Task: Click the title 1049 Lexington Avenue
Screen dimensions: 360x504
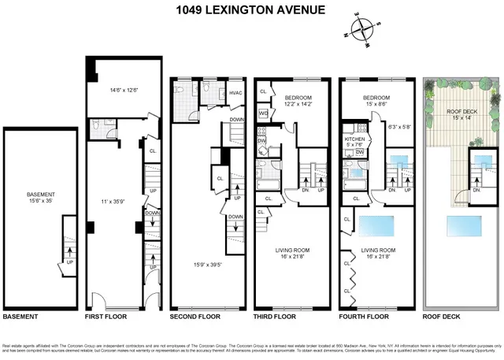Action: pos(251,10)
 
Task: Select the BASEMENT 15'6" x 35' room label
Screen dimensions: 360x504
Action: pos(41,198)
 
